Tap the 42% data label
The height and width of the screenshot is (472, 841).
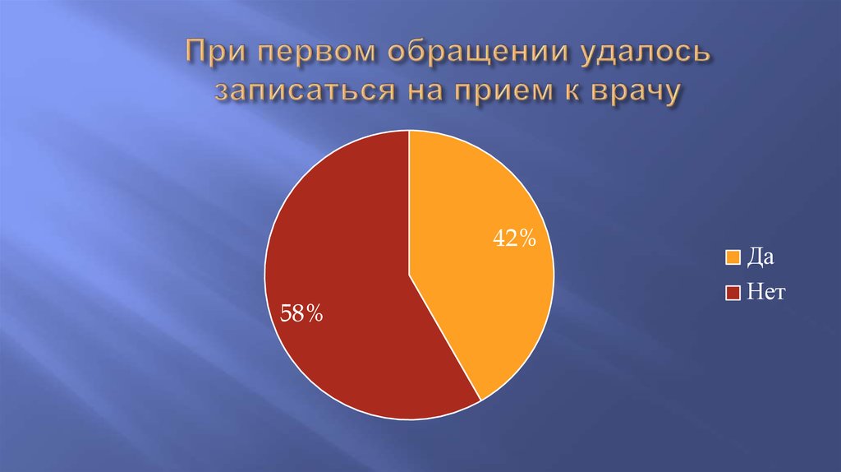[514, 239]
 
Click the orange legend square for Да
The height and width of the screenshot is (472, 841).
[732, 257]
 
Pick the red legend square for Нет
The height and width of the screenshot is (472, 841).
[732, 292]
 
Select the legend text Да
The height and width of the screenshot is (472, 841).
[761, 257]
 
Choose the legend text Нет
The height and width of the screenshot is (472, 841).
[767, 292]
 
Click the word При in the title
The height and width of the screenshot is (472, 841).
[214, 55]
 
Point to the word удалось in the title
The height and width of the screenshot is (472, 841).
[632, 55]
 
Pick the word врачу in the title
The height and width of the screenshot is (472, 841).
[633, 90]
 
